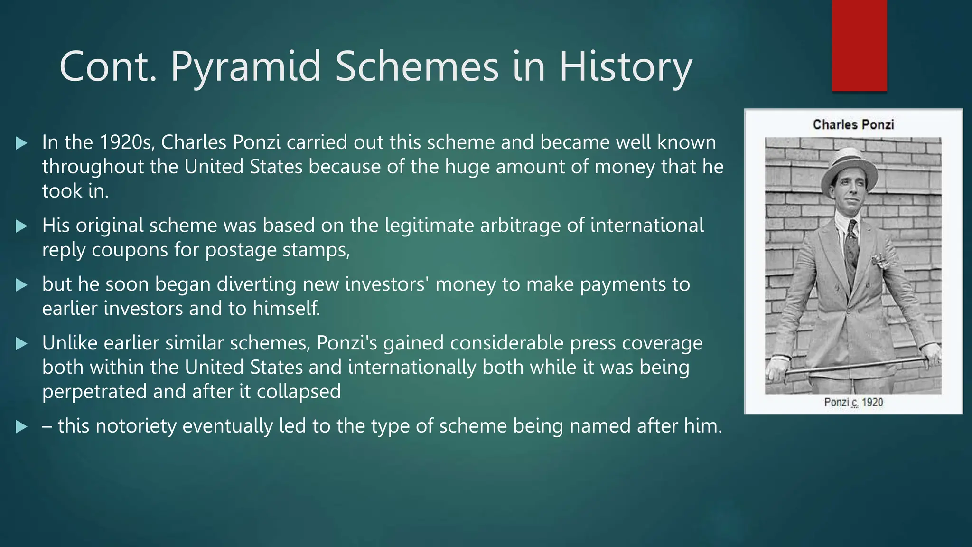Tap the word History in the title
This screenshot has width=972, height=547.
click(x=626, y=67)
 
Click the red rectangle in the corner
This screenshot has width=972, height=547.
click(x=859, y=45)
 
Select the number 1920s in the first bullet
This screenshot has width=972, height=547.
click(x=127, y=142)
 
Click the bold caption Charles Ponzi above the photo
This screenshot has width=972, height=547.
click(x=853, y=125)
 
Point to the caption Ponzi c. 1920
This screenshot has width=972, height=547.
click(x=853, y=402)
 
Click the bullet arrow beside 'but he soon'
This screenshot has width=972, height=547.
click(x=21, y=285)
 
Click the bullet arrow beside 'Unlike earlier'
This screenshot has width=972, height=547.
click(x=21, y=343)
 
